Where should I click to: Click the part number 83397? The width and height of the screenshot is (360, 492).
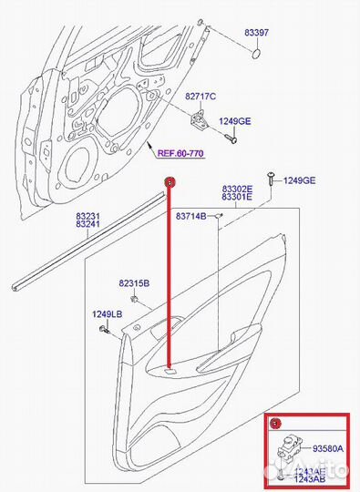[256, 33]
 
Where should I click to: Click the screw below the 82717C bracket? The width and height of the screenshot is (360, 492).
[234, 140]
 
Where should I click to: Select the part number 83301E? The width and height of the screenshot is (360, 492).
[237, 196]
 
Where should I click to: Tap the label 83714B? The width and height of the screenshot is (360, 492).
[191, 215]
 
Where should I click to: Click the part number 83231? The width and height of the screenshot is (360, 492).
[87, 215]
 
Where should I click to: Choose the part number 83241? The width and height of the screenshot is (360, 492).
[87, 224]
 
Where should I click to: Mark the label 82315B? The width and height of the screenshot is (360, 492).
[133, 284]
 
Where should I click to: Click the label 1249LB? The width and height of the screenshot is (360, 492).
[106, 315]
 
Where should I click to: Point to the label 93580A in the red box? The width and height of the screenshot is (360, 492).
[327, 447]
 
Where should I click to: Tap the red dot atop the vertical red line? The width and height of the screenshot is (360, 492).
[168, 182]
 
